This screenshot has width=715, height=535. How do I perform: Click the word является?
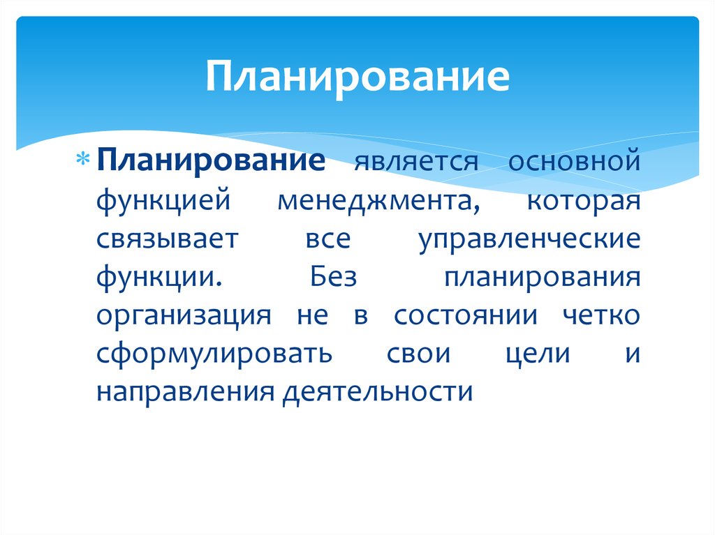coord(415,163)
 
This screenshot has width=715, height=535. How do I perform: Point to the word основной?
coord(573,163)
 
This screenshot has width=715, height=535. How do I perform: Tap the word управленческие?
coord(529,241)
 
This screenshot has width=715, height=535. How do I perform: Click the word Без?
coord(333,277)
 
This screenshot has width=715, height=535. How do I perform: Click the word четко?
coord(600,315)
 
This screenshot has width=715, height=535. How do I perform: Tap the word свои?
coord(418,353)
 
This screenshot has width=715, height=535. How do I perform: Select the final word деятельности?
coord(378,391)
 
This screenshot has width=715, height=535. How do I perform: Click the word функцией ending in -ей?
coord(163,202)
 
